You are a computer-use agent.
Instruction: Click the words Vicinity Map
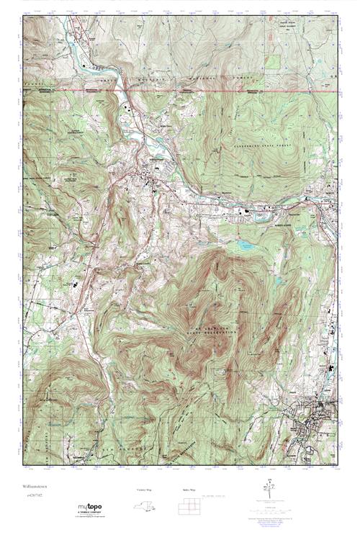pyautogui.click(x=144, y=490)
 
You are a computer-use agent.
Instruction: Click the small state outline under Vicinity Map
pyautogui.click(x=144, y=507)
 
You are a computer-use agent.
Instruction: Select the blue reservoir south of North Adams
pyautogui.click(x=245, y=246)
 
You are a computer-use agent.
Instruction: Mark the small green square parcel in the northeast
pyautogui.click(x=271, y=62)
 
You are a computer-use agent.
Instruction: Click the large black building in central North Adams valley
pyautogui.click(x=249, y=212)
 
